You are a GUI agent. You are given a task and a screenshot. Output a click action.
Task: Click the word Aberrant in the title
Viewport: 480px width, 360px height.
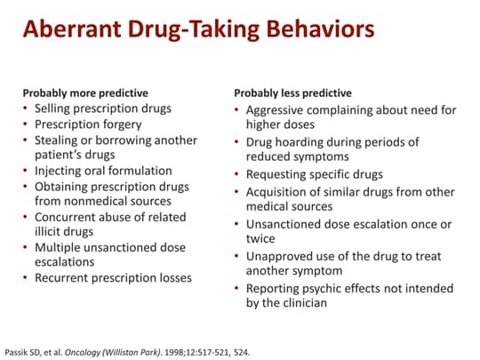[72, 28]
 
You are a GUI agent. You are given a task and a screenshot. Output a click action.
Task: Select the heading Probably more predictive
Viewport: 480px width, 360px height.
[85, 93]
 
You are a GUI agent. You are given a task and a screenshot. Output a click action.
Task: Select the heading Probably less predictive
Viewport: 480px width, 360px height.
[293, 93]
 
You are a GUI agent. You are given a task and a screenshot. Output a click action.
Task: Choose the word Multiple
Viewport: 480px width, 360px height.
[57, 248]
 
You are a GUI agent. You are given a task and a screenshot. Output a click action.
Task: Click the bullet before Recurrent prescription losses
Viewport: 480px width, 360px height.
[26, 277]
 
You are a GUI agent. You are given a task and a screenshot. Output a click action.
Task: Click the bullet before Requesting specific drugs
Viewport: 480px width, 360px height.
[236, 174]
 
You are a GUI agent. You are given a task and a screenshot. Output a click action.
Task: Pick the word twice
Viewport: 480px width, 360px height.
[260, 239]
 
